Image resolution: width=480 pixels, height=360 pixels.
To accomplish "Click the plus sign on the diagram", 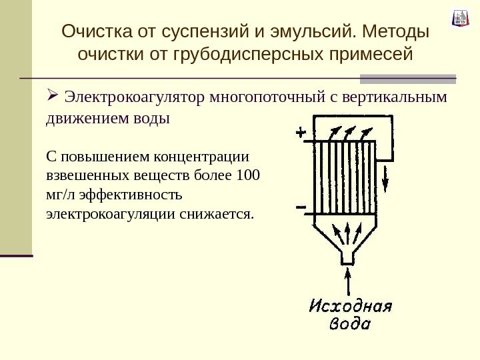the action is [301, 133].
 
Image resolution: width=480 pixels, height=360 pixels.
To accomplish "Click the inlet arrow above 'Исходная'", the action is [347, 280].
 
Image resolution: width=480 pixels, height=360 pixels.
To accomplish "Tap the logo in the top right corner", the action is [461, 18].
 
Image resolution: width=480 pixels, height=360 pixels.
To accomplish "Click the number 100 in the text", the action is [248, 176].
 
